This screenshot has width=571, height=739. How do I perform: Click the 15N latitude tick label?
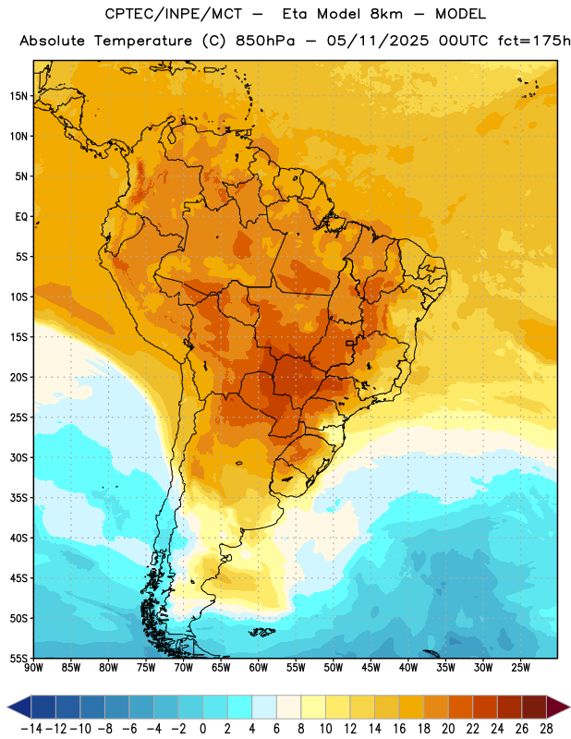click(x=18, y=96)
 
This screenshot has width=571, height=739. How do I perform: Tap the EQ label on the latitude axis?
click(x=21, y=217)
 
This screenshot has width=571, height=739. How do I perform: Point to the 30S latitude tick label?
click(x=18, y=457)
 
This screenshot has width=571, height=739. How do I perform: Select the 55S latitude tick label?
click(x=18, y=658)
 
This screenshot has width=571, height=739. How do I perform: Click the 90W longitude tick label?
click(x=33, y=668)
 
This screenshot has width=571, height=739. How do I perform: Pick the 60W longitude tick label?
click(x=259, y=668)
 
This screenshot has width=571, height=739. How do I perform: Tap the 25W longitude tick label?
click(x=520, y=668)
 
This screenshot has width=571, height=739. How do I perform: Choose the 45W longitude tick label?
click(x=371, y=668)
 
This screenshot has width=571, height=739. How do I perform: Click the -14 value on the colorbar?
click(x=32, y=729)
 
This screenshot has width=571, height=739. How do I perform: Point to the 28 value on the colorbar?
click(x=546, y=729)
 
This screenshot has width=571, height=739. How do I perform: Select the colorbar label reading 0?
click(x=202, y=729)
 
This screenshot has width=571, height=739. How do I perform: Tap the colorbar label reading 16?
click(x=399, y=729)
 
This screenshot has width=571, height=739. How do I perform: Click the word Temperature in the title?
click(x=142, y=41)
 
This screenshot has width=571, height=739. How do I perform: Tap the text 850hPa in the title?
click(x=265, y=41)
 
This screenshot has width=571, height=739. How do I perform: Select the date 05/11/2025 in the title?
click(x=378, y=41)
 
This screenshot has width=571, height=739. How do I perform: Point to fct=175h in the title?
click(x=534, y=41)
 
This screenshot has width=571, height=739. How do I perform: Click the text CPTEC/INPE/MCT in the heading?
click(x=173, y=14)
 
